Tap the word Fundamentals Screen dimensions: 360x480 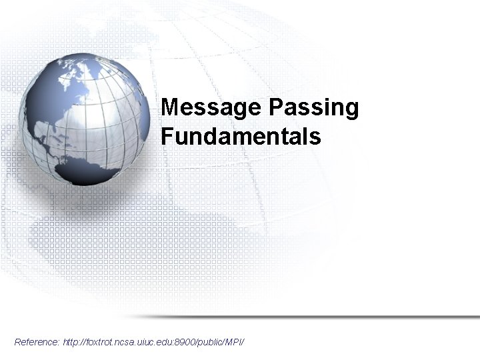coord(241,137)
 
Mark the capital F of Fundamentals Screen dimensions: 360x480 coord(167,137)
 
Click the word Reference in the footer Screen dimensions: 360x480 coord(36,342)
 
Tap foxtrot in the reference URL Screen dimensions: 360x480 coord(101,342)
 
